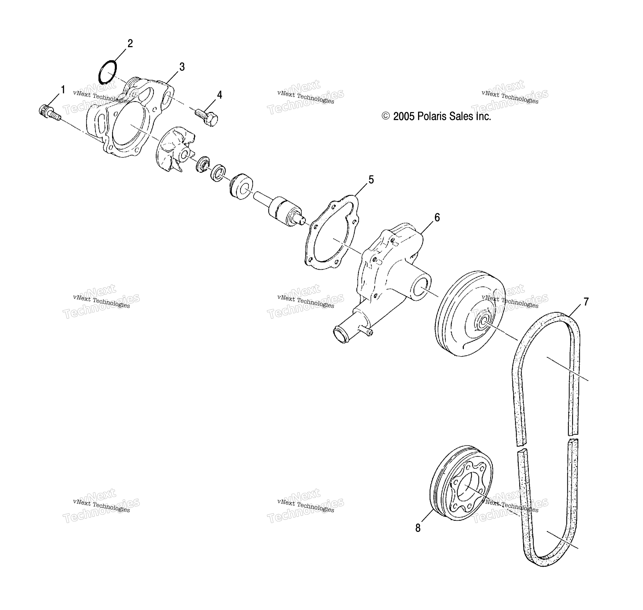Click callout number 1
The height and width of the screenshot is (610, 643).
(63, 90)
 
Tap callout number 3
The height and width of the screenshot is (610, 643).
(182, 67)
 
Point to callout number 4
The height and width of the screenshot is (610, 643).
(220, 95)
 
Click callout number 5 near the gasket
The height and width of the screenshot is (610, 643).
(371, 179)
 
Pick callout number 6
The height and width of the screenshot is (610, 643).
(437, 218)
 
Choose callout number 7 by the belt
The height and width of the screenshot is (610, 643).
(586, 302)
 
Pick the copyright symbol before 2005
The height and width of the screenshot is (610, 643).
(386, 116)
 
